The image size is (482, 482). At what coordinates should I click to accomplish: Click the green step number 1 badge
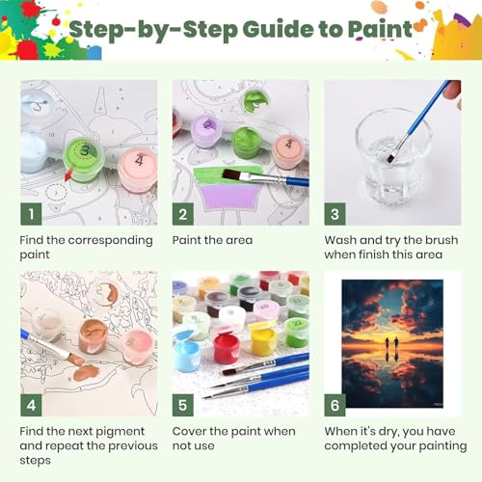pos(31,214)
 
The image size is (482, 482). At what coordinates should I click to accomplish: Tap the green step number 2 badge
pos(183,214)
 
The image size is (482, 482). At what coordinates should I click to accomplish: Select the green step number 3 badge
pos(335,214)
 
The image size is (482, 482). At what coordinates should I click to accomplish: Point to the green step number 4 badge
pos(31,405)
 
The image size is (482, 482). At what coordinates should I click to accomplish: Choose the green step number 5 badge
pos(183,405)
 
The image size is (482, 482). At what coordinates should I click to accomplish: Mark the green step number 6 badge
pos(335,405)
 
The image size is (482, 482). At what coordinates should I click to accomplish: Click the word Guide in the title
pos(279,29)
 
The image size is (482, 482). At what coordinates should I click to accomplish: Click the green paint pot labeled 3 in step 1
pos(84,159)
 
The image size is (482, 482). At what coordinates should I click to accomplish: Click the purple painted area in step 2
pos(229,197)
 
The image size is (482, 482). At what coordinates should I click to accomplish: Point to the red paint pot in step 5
pos(227,348)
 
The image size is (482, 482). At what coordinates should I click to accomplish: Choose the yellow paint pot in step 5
pos(263,340)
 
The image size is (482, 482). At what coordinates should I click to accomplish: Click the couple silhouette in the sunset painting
pos(392,344)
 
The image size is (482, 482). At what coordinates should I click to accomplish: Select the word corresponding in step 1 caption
pos(111,241)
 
